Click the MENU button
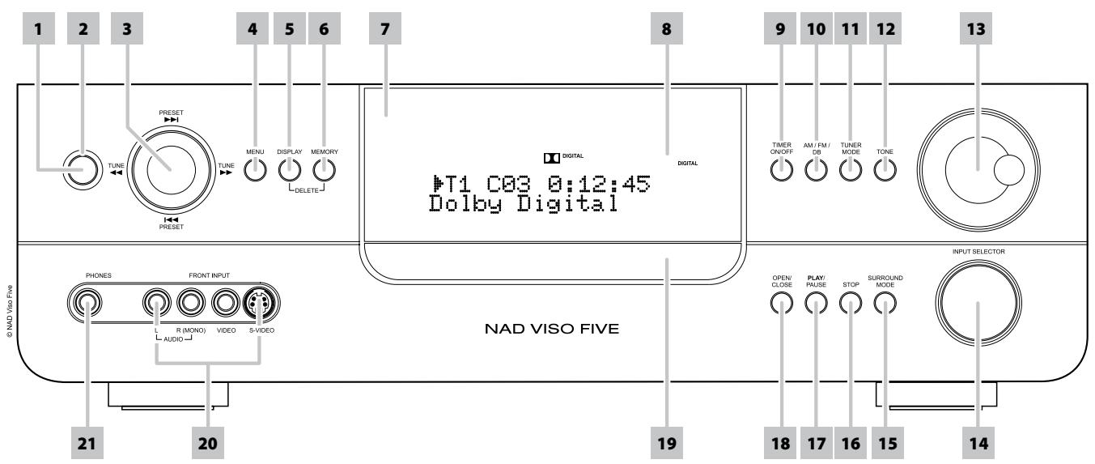click(x=255, y=170)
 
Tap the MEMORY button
click(x=324, y=170)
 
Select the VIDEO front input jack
click(x=225, y=303)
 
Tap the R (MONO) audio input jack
click(x=190, y=303)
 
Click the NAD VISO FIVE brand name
click(x=547, y=330)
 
